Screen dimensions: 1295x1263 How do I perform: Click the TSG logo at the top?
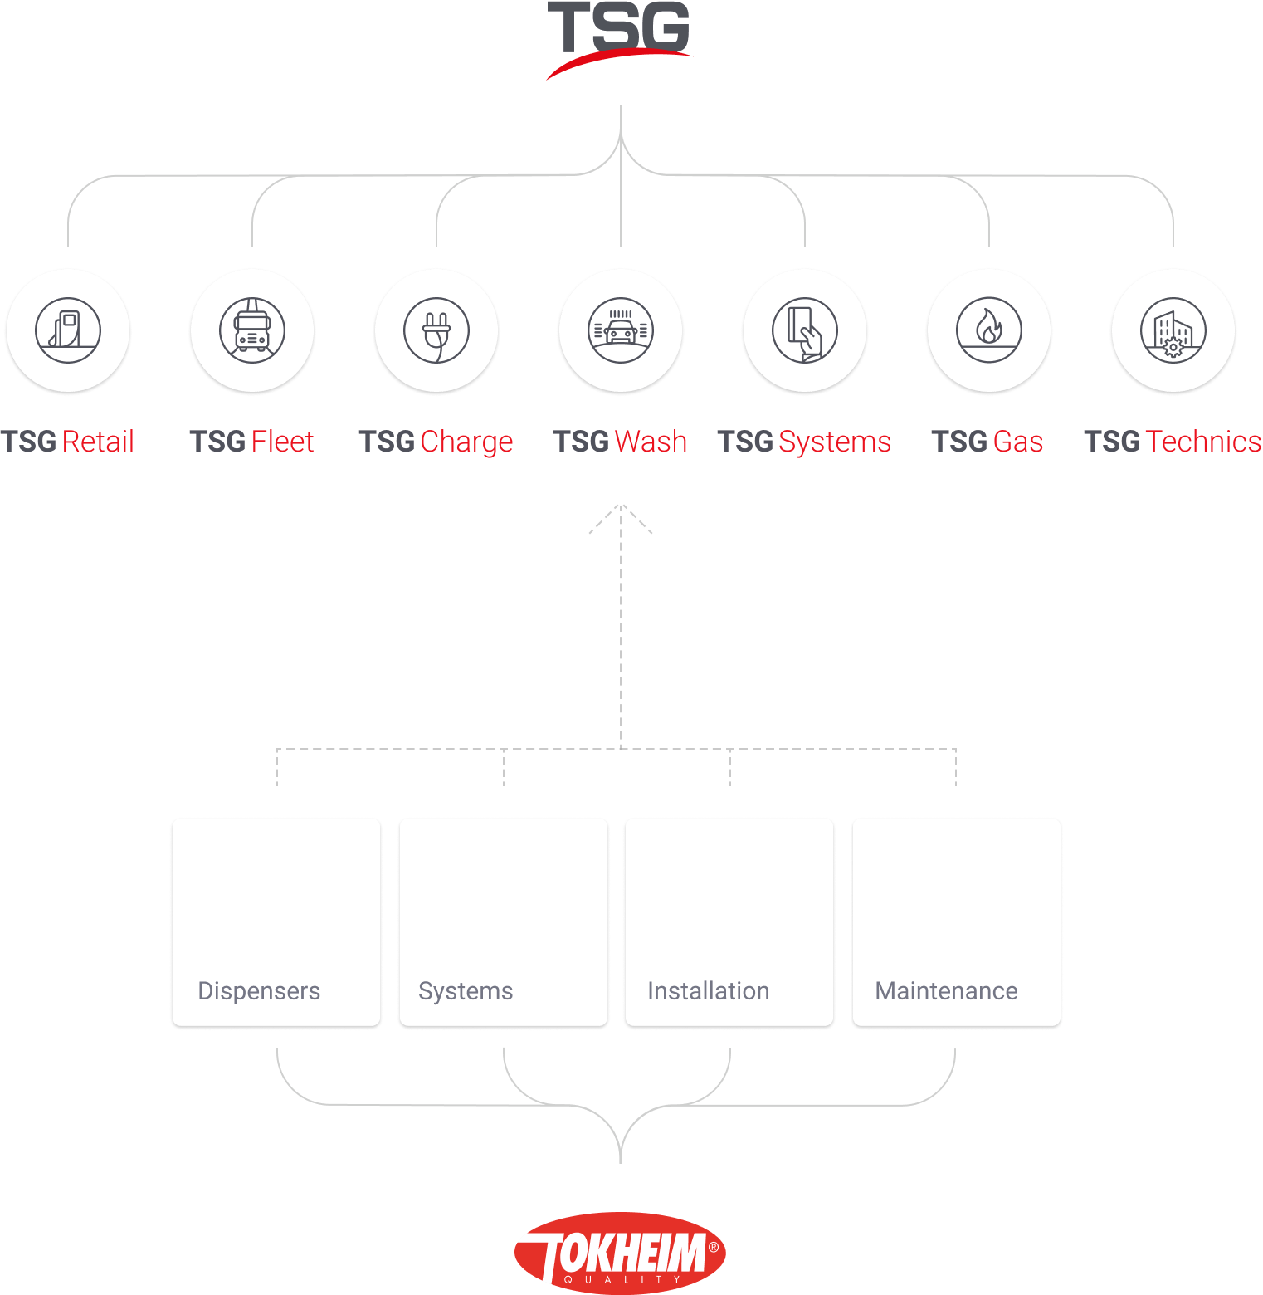(619, 37)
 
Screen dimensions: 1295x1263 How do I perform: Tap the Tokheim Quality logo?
(620, 1252)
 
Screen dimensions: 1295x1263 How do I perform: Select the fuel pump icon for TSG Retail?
(68, 330)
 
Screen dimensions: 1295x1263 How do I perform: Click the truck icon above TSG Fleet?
(252, 330)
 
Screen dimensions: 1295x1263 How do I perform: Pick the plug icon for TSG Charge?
(436, 330)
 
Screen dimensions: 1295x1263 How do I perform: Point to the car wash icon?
(621, 330)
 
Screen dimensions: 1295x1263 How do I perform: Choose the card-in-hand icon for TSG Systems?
(805, 330)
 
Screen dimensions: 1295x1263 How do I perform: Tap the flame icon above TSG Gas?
(989, 330)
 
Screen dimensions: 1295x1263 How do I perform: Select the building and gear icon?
(1173, 330)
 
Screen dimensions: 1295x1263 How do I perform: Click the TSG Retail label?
(68, 442)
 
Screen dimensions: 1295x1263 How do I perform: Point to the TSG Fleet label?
(252, 442)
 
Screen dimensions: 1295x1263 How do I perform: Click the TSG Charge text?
(436, 442)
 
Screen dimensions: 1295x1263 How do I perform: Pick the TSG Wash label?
(621, 442)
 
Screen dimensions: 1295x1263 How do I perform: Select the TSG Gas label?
(987, 442)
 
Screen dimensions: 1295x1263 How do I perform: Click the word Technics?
(1202, 442)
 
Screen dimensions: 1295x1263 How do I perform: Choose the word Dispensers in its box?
(259, 991)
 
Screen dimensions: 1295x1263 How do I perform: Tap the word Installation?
(708, 991)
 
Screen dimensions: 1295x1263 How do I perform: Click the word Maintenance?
(946, 991)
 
